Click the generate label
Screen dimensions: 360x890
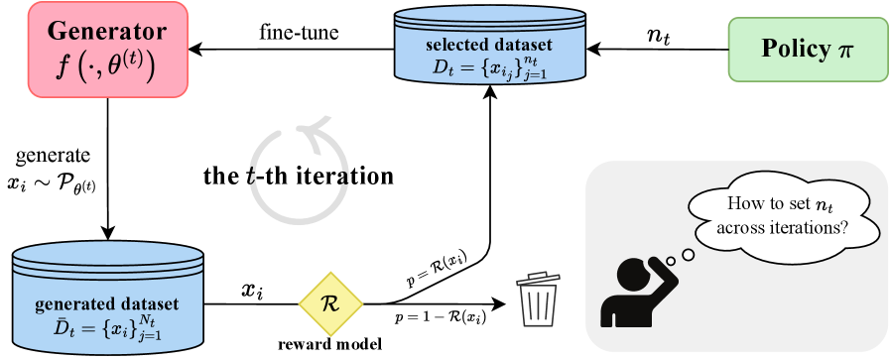click(x=53, y=155)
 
